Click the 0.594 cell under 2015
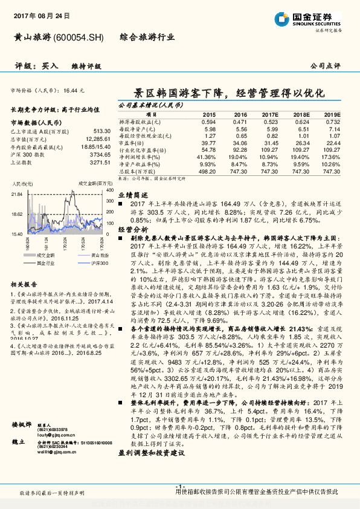(x=208, y=122)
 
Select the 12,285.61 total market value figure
(x=97, y=139)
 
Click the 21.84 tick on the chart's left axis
(x=17, y=194)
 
